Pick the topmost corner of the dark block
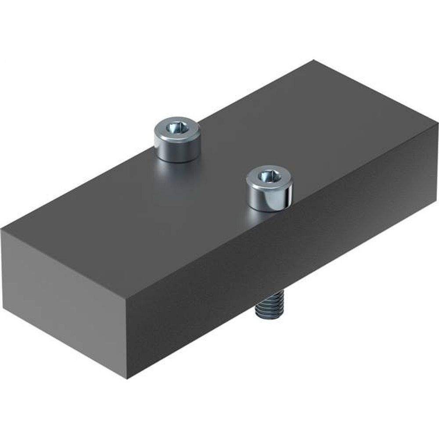click(313, 61)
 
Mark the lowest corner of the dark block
click(127, 379)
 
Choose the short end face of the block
click(66, 303)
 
